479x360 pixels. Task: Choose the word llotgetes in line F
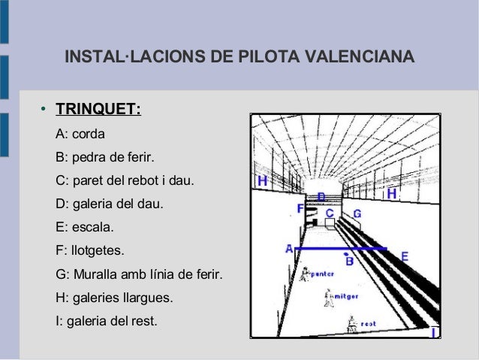pyautogui.click(x=96, y=250)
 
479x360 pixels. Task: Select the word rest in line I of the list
pyautogui.click(x=143, y=321)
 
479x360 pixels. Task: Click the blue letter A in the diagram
pyautogui.click(x=288, y=249)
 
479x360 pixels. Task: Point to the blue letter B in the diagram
pyautogui.click(x=348, y=262)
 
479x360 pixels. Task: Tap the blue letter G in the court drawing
pyautogui.click(x=357, y=214)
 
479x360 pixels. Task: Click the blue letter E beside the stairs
pyautogui.click(x=405, y=257)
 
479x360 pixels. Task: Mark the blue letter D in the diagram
pyautogui.click(x=321, y=197)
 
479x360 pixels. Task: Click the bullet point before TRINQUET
pyautogui.click(x=44, y=112)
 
